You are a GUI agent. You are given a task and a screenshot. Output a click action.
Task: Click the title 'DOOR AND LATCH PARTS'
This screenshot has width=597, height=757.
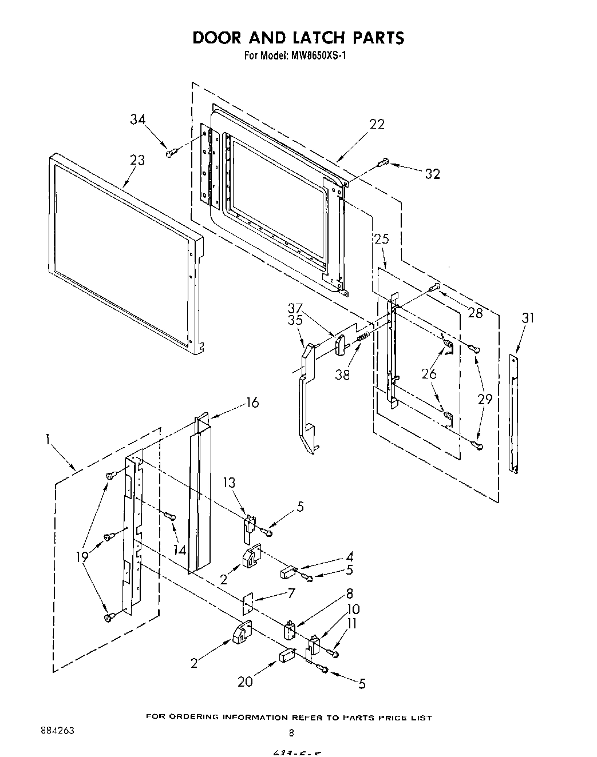tap(298, 37)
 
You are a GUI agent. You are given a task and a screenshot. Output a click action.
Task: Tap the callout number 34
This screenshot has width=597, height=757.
tap(137, 119)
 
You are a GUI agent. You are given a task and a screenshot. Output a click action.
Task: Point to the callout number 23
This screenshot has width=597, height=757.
tap(137, 160)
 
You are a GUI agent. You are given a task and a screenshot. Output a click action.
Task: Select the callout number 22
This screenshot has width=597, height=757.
tap(377, 124)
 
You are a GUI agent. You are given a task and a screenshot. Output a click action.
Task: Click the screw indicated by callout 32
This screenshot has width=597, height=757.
tap(383, 163)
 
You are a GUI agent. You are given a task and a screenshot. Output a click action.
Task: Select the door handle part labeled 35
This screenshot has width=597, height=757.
tap(306, 400)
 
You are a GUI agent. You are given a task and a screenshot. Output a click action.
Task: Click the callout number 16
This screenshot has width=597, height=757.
tap(252, 403)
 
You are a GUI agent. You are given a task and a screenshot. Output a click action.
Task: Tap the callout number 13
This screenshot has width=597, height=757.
tap(229, 483)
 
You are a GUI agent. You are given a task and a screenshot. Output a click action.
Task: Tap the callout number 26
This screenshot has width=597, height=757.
tap(429, 374)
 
